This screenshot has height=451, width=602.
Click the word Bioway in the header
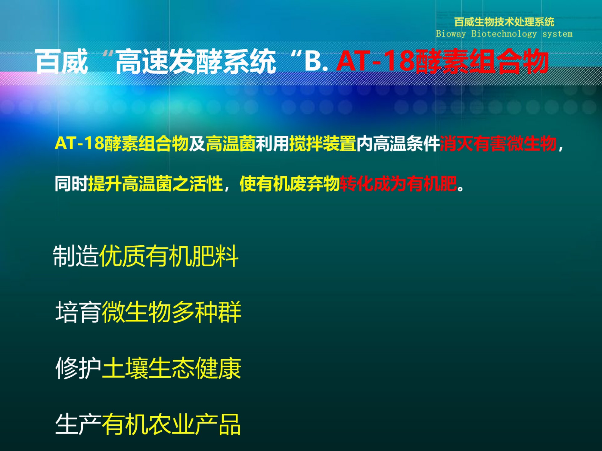[451, 34]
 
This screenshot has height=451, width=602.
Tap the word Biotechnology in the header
[504, 34]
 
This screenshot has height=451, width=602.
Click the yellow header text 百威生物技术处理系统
[504, 22]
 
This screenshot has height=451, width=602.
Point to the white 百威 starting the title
[62, 61]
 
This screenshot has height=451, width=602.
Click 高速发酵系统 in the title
[196, 61]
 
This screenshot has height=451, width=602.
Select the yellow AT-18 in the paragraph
[79, 143]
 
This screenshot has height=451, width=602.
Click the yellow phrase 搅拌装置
[323, 143]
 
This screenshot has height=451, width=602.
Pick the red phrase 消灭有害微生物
[498, 143]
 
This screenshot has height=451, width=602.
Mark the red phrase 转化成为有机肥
[398, 184]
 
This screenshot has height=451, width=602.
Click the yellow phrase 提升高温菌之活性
[155, 184]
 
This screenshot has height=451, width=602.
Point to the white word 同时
[71, 184]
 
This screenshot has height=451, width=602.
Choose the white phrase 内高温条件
[398, 143]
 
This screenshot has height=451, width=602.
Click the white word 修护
[78, 368]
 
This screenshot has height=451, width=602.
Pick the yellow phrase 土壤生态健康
[172, 368]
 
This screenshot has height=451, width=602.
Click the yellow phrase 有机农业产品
[171, 424]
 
